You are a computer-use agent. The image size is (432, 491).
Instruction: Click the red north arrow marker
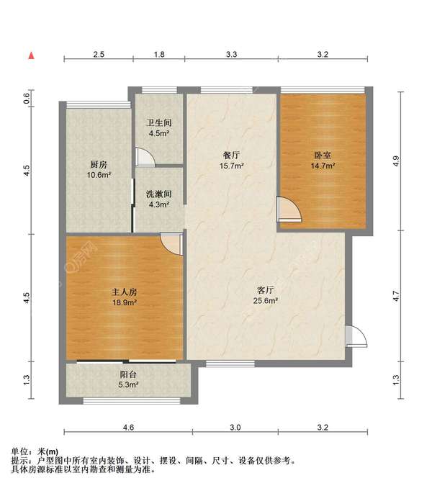32,55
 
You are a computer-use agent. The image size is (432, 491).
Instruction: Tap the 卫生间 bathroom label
159,122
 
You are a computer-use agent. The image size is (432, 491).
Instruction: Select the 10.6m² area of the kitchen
99,175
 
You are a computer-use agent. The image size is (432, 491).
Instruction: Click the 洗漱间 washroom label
159,194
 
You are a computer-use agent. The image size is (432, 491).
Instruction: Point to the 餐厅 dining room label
232,156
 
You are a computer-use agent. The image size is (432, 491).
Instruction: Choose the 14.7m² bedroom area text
323,166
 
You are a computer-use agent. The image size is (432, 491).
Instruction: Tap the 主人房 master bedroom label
125,292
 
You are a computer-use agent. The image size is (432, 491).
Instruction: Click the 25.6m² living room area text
266,301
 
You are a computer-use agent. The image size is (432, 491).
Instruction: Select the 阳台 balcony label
128,374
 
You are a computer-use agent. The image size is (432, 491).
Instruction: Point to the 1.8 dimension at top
159,55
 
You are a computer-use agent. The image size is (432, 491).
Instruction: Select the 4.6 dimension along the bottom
128,428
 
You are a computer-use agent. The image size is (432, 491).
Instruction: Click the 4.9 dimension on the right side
396,161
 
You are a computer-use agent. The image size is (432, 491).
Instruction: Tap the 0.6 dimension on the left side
27,99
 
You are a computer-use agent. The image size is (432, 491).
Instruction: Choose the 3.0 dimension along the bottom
235,428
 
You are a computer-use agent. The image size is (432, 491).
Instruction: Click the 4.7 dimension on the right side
396,296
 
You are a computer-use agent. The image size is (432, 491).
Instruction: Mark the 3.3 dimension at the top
232,55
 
